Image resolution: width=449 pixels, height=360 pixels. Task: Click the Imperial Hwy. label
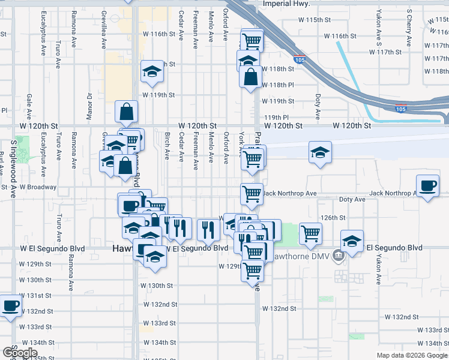[286, 4]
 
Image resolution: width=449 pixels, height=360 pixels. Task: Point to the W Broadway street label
[38, 187]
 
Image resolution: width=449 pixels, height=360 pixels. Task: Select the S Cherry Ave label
[409, 27]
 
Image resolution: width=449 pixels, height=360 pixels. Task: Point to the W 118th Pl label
[282, 85]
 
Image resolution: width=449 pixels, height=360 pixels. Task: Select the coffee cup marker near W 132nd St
[11, 306]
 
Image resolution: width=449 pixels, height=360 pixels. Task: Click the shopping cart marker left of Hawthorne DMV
[311, 233]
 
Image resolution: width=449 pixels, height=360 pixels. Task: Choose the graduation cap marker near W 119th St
[152, 71]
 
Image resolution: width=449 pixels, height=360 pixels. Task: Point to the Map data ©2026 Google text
[412, 355]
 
